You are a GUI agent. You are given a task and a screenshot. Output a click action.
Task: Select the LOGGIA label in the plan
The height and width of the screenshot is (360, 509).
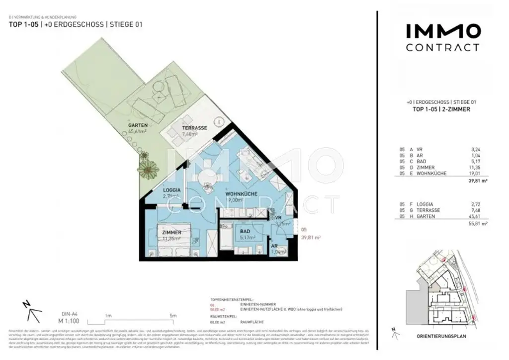pos(171,190)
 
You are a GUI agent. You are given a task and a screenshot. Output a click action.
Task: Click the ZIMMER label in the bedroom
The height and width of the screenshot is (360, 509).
pos(170,232)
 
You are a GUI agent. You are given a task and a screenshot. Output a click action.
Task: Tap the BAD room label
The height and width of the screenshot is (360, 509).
pos(245,231)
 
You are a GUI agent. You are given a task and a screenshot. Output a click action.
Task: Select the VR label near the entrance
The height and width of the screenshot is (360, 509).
pos(278,218)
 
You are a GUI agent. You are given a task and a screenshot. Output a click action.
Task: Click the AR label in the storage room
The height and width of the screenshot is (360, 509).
pos(274,246)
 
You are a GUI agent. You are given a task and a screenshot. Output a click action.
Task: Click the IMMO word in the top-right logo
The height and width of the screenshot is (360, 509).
pos(443,32)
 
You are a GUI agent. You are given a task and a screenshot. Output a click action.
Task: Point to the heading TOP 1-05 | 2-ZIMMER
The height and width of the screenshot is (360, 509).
pos(442,109)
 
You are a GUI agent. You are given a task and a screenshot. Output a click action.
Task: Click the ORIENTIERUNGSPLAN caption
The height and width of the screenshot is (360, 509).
pos(441,337)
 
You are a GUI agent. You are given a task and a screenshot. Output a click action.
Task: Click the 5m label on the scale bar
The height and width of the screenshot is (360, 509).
pos(173,315)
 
